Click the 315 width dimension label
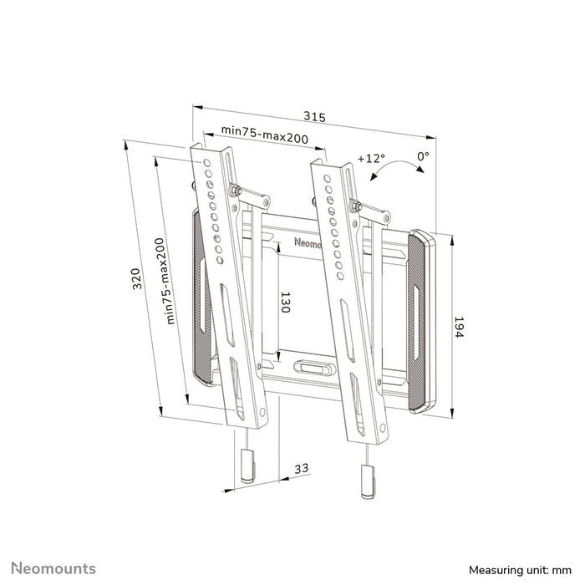[x=313, y=116]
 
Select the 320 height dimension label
[x=137, y=278]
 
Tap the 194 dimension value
[x=460, y=327]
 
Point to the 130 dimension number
[x=284, y=302]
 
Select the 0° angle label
[x=423, y=156]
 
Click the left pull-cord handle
[x=247, y=463]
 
